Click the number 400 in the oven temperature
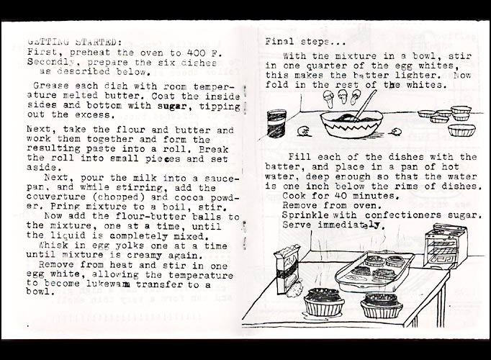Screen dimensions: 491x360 pyautogui.click(x=196, y=53)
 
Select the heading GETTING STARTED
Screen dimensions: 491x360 pyautogui.click(x=72, y=42)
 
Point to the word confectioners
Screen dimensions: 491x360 pyautogui.click(x=403, y=215)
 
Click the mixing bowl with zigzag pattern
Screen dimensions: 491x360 pyautogui.click(x=351, y=125)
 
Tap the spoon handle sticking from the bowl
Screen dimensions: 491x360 pyautogui.click(x=366, y=104)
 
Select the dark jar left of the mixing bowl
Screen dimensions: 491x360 pyautogui.click(x=276, y=123)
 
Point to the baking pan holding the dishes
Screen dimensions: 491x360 pyautogui.click(x=374, y=271)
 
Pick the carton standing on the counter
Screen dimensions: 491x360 pyautogui.click(x=287, y=270)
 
